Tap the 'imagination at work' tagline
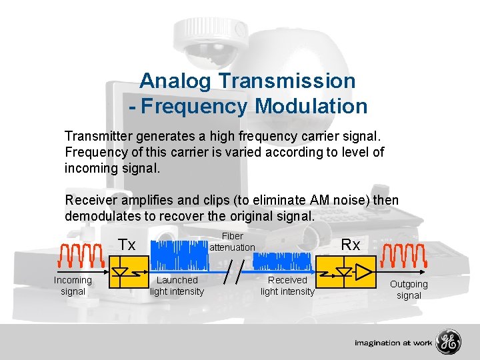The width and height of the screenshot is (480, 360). coord(393,343)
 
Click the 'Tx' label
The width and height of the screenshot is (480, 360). coord(127,245)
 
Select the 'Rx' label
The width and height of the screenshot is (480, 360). coord(351,245)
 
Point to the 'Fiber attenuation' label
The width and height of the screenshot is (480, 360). coord(233,242)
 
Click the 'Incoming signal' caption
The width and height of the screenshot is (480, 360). coord(73,286)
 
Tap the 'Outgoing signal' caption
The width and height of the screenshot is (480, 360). coord(409,289)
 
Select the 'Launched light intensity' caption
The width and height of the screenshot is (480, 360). coord(177,286)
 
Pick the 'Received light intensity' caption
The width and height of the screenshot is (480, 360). coord(287,286)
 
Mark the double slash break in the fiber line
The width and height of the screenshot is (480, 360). coord(233,273)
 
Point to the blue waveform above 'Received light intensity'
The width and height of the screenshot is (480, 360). coord(287,261)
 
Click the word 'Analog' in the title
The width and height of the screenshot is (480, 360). coord(175,81)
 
